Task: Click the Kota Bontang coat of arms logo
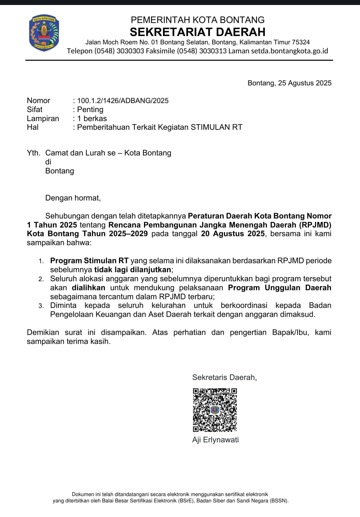[x=44, y=33]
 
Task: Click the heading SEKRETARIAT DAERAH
[x=197, y=32]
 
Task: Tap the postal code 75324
[x=301, y=42]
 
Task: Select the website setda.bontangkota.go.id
[x=289, y=51]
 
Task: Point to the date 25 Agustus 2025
[x=305, y=83]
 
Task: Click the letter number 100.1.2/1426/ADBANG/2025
[x=123, y=101]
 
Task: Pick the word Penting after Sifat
[x=90, y=110]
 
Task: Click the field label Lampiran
[x=43, y=118]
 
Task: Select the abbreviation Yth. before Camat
[x=33, y=153]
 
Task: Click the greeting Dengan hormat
[x=73, y=198]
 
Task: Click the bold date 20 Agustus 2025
[x=233, y=234]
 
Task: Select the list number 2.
[x=41, y=279]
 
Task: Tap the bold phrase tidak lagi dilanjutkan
[x=133, y=270]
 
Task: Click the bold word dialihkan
[x=88, y=288]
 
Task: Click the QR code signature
[x=215, y=410]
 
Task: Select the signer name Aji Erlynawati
[x=215, y=440]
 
